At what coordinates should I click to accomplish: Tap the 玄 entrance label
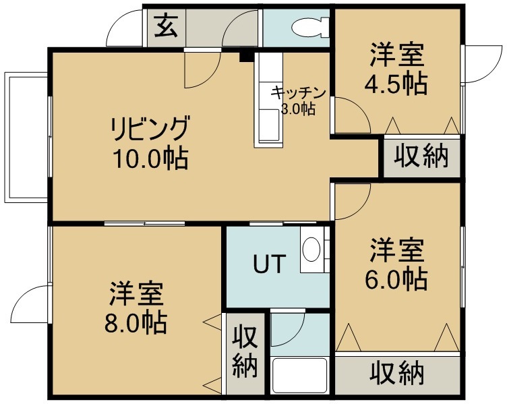point(167,26)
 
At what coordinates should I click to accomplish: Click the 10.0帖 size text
point(150,158)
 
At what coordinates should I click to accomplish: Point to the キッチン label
point(299,93)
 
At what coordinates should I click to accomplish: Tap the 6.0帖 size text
point(396,279)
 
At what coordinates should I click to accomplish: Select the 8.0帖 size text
point(136,322)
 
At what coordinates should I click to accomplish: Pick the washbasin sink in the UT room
point(311,250)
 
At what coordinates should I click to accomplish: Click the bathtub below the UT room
point(299,375)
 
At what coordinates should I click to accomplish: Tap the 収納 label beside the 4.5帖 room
point(421,157)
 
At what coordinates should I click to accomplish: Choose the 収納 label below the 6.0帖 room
point(396,373)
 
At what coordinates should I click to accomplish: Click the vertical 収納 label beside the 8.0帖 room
point(245,351)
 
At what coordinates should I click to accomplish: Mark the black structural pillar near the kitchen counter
point(246,56)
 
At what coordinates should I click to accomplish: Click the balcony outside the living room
point(26,138)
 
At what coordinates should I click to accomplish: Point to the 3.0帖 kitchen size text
point(298,109)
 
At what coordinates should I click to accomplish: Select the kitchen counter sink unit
point(269,100)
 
